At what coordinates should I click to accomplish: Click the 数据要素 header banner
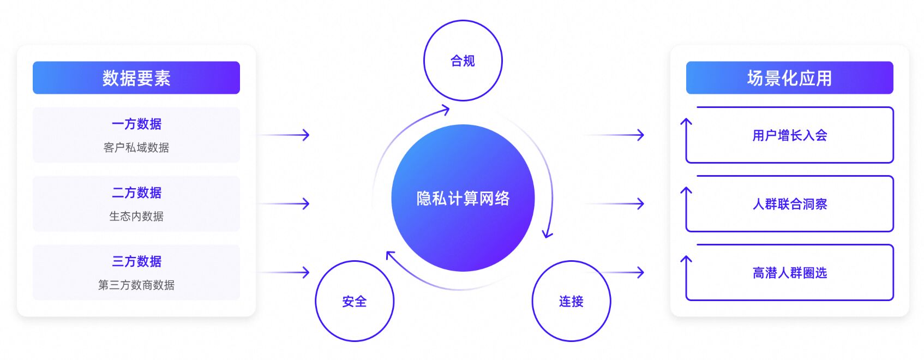[x=136, y=77]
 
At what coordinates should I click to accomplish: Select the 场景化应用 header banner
[x=789, y=77]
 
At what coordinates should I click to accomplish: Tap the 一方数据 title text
[x=136, y=124]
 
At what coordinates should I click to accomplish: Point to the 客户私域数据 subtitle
[x=136, y=147]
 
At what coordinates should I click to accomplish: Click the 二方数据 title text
[x=136, y=193]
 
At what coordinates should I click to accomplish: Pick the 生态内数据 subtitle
[x=136, y=216]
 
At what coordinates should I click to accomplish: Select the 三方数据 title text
[x=136, y=261]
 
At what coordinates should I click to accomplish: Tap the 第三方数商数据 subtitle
[x=136, y=285]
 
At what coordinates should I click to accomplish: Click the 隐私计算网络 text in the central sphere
[x=463, y=199]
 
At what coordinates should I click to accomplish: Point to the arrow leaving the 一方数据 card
[x=284, y=135]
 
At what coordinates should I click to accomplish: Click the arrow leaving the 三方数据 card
[x=284, y=272]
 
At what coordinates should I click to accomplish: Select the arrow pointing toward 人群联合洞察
[x=615, y=203]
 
